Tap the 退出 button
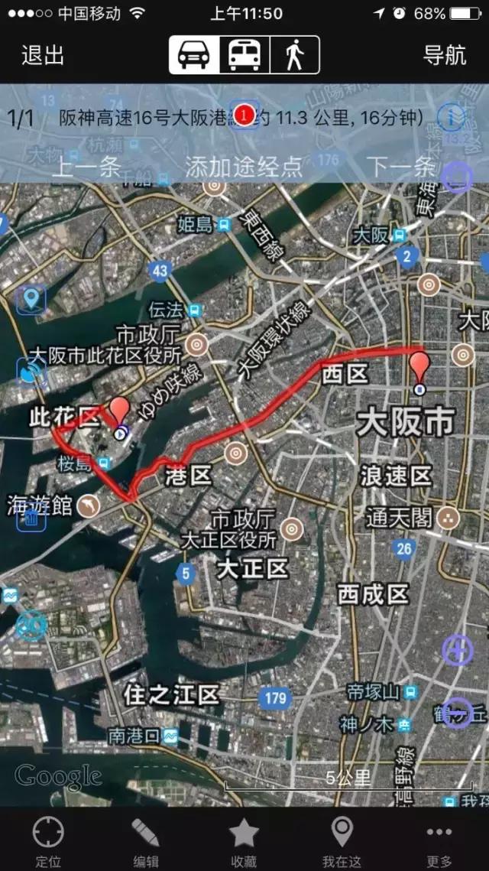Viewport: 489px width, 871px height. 43,55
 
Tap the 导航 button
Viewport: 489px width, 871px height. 445,55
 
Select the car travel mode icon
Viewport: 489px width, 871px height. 194,55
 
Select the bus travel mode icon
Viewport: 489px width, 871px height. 244,55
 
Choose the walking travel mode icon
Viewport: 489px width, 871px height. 294,55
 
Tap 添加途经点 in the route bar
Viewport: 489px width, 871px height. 244,167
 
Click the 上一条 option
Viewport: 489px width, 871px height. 86,167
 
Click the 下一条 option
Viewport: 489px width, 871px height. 401,167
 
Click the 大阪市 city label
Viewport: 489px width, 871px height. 405,422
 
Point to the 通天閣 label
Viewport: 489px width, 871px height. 399,517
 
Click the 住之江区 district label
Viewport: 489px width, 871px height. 172,695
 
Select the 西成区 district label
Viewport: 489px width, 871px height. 373,593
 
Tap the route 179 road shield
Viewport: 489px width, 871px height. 275,697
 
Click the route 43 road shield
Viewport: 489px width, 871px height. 159,270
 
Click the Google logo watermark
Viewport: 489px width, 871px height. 58,777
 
